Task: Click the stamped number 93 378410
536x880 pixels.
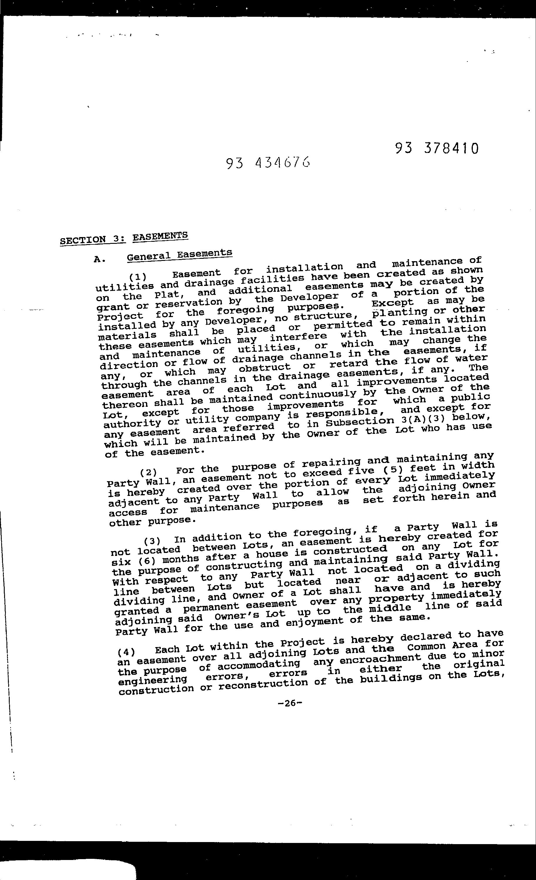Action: [x=436, y=148]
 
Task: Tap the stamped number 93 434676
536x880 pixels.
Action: [x=268, y=163]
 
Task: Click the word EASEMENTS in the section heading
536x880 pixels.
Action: [x=160, y=236]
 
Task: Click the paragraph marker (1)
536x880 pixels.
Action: [x=138, y=277]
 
